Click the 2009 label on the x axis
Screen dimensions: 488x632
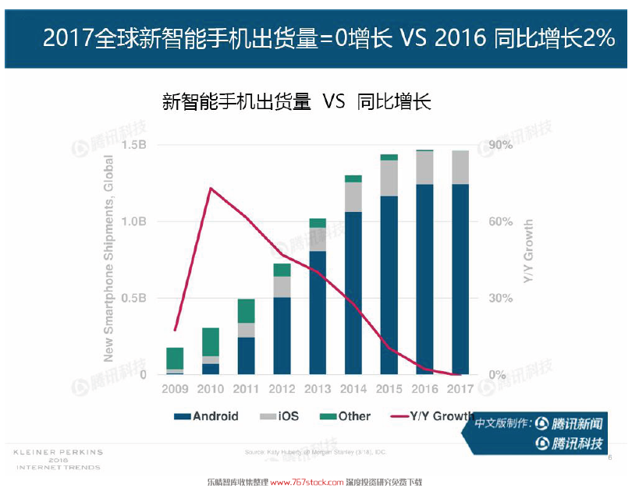176,388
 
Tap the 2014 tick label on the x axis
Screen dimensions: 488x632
353,388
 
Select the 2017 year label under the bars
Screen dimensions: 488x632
460,388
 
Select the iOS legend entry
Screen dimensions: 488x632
280,416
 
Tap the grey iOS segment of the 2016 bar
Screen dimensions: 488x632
424,167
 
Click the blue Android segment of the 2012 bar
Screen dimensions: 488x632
282,335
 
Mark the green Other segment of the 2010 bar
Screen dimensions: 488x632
211,341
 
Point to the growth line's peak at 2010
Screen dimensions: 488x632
211,188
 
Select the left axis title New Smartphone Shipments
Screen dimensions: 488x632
108,258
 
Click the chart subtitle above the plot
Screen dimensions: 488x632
296,101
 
